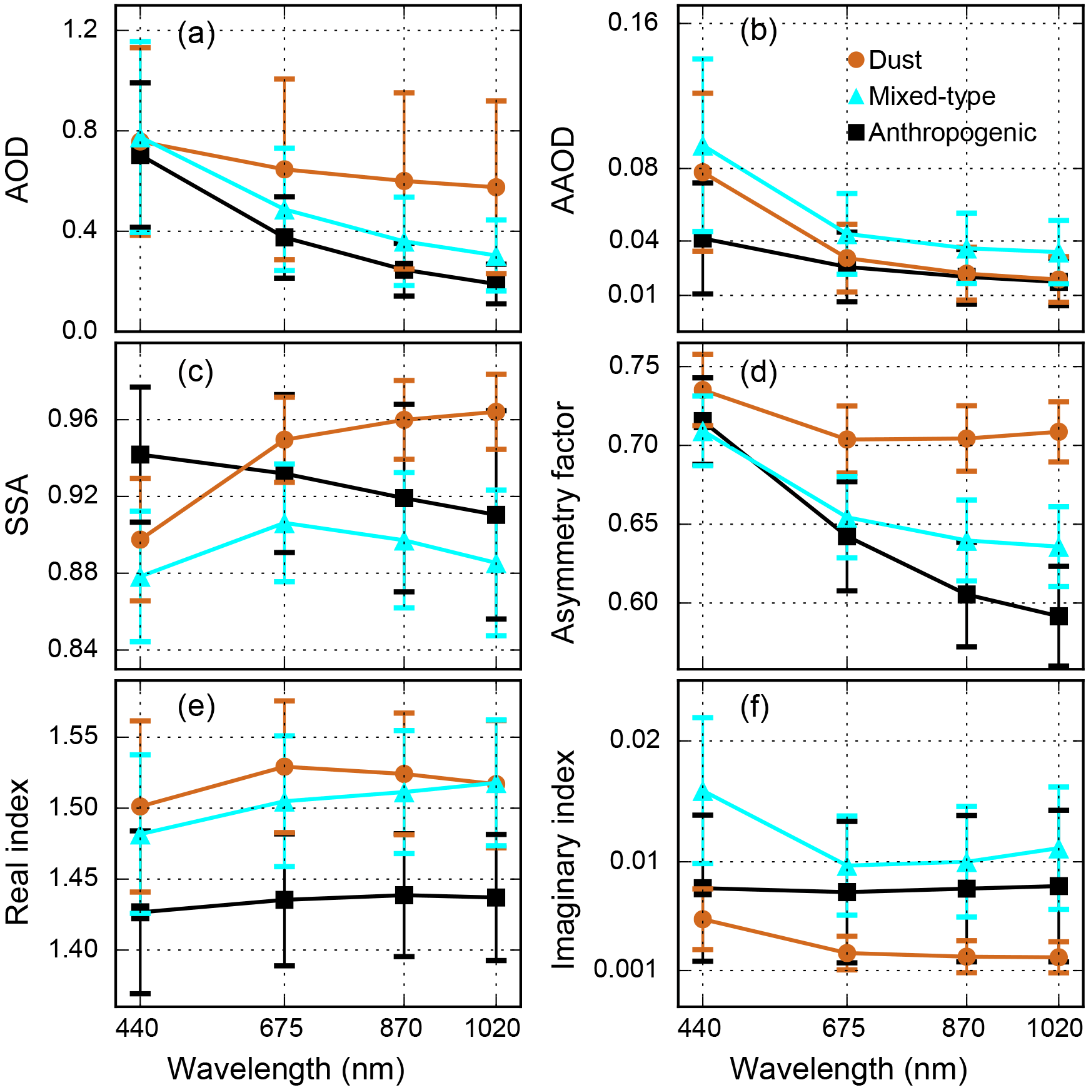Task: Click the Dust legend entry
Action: [x=894, y=60]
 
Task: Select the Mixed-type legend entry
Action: [x=931, y=96]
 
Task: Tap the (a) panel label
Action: [x=196, y=34]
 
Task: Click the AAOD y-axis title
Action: [x=564, y=170]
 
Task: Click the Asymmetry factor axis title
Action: [x=564, y=522]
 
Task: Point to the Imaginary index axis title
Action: [x=564, y=860]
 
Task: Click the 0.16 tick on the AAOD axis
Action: [x=633, y=23]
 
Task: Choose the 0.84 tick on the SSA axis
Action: [x=73, y=649]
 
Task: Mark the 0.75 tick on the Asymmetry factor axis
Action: [x=634, y=366]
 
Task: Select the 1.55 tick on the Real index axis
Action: [x=73, y=736]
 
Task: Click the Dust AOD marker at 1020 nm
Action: [x=496, y=187]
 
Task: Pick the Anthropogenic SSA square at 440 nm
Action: [x=140, y=455]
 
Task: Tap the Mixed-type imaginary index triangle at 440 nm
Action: [x=703, y=792]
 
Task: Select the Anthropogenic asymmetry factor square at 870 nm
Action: [x=967, y=595]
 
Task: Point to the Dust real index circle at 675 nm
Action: [x=284, y=767]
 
